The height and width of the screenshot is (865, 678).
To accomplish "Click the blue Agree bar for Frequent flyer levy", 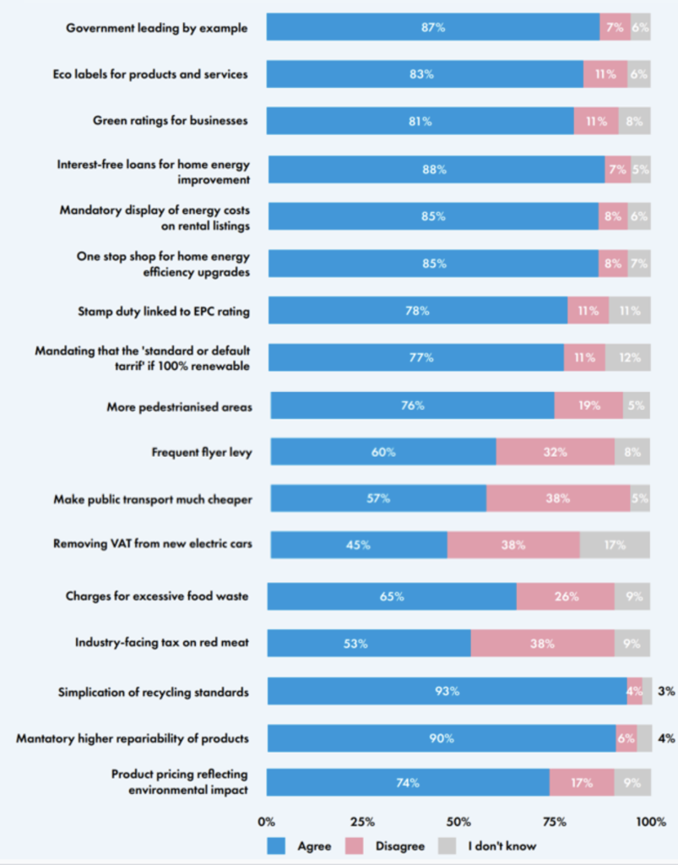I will [x=382, y=452].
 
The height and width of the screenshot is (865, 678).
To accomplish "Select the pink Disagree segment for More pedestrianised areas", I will [x=589, y=405].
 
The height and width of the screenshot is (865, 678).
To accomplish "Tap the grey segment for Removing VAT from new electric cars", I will [x=615, y=545].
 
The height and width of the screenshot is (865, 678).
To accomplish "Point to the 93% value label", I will [x=447, y=691].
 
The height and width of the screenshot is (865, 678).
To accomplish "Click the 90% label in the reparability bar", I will [x=442, y=738].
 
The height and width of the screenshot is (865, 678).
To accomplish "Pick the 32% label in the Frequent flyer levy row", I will [x=555, y=452].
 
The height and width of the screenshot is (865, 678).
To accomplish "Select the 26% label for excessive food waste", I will [x=565, y=596].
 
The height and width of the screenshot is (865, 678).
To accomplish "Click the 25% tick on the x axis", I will [x=363, y=821].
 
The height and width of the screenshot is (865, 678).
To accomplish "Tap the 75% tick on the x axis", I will [x=555, y=821].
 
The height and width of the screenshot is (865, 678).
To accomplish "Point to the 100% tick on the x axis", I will [x=650, y=821].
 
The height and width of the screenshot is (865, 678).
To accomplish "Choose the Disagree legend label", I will [x=401, y=845].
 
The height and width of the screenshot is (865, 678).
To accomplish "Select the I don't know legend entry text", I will [x=502, y=845].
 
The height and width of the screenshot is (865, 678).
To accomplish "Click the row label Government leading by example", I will [x=157, y=28].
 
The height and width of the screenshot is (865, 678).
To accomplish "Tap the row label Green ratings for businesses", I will [x=170, y=121].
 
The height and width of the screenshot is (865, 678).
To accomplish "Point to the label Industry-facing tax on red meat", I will [x=163, y=643].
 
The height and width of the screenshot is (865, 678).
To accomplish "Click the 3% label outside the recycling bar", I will [x=666, y=691].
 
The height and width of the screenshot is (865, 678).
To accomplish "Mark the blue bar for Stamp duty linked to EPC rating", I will [x=417, y=310].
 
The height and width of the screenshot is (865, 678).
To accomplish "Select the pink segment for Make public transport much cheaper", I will [x=557, y=498].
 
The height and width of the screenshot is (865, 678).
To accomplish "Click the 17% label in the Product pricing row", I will [x=581, y=783].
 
